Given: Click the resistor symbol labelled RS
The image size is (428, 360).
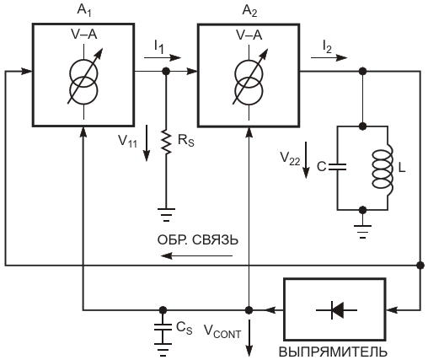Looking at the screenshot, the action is [166, 142].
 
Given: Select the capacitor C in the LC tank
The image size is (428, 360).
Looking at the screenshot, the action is [337, 167].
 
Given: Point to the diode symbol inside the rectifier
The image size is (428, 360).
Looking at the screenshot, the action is [336, 310].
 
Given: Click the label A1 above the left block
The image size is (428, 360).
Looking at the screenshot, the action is [84, 11].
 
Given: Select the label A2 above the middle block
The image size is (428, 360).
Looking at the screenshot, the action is [249, 11].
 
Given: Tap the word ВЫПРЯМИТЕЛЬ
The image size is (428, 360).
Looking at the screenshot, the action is [333, 352].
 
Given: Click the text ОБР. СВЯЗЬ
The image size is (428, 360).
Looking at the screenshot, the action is [198, 240].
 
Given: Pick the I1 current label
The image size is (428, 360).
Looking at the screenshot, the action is [158, 46].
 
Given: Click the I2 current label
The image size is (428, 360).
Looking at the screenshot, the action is [328, 46].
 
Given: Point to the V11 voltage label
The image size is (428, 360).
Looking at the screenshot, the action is [128, 141].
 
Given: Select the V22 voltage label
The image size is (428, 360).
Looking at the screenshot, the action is [290, 159].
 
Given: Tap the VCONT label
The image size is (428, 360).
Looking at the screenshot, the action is [222, 330].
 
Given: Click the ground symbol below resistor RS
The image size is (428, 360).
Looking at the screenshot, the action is [166, 215].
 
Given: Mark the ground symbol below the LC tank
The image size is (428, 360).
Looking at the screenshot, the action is [362, 231].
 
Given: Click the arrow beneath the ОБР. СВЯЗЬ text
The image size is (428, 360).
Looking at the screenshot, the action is [196, 255].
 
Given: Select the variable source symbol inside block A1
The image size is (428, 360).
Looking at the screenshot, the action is [84, 83].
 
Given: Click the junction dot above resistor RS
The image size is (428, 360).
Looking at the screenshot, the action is [166, 72].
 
